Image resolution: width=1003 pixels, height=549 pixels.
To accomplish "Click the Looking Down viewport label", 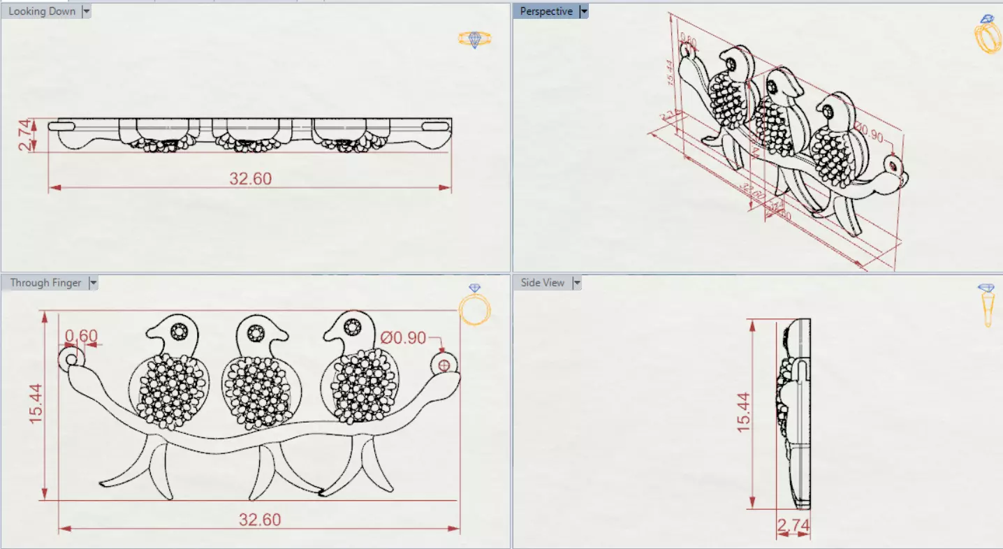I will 41,11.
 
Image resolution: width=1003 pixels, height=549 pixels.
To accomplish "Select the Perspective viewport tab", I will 546,11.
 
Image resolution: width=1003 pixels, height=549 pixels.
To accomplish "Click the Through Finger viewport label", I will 45,283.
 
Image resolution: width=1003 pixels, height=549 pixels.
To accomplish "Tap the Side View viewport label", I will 543,283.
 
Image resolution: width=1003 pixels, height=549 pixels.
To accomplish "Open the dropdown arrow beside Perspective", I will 584,11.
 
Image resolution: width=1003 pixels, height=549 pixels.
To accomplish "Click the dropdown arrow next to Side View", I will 577,283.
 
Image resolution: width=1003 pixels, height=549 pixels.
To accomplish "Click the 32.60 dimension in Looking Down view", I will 250,179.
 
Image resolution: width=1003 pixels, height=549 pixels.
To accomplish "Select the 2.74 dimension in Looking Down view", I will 25,136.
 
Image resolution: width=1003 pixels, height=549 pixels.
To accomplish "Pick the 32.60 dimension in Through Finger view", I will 260,520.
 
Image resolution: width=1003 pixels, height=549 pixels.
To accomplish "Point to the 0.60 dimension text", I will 82,336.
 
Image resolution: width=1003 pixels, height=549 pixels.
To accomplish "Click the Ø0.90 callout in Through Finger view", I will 404,337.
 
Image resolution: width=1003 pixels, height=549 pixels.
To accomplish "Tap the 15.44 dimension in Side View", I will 743,412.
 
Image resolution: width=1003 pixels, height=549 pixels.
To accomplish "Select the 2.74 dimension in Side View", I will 793,525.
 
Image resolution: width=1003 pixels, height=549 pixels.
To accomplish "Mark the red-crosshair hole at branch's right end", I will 444,365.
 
